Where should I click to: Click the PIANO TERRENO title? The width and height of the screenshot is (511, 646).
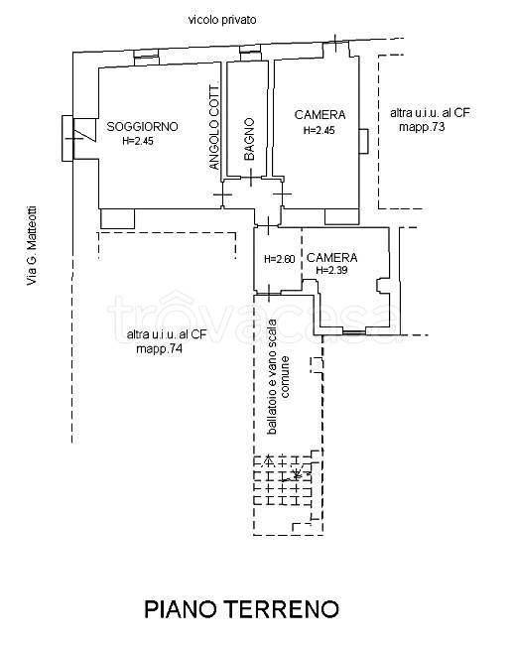point(242,609)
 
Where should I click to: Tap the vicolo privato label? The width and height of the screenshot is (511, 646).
point(222,20)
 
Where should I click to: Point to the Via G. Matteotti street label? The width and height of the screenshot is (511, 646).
point(32,245)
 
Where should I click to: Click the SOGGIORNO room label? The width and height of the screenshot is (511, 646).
point(142,126)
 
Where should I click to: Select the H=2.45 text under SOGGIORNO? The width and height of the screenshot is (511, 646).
point(138,141)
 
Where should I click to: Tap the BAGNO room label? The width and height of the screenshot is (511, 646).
point(249,139)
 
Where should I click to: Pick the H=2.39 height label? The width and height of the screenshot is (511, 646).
point(331,270)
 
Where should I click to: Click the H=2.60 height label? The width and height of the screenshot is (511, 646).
point(280,259)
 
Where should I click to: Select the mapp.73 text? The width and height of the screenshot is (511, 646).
point(422,126)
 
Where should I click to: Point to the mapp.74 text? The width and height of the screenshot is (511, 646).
point(159,349)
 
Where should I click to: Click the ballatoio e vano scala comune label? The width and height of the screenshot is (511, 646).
point(278,377)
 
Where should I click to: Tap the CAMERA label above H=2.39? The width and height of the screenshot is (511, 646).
point(332,257)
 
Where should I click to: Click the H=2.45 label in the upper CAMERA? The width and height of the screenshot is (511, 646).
point(319,130)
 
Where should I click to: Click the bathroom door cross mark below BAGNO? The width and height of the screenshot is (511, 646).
point(251,178)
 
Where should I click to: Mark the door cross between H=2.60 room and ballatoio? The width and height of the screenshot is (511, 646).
point(268,294)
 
